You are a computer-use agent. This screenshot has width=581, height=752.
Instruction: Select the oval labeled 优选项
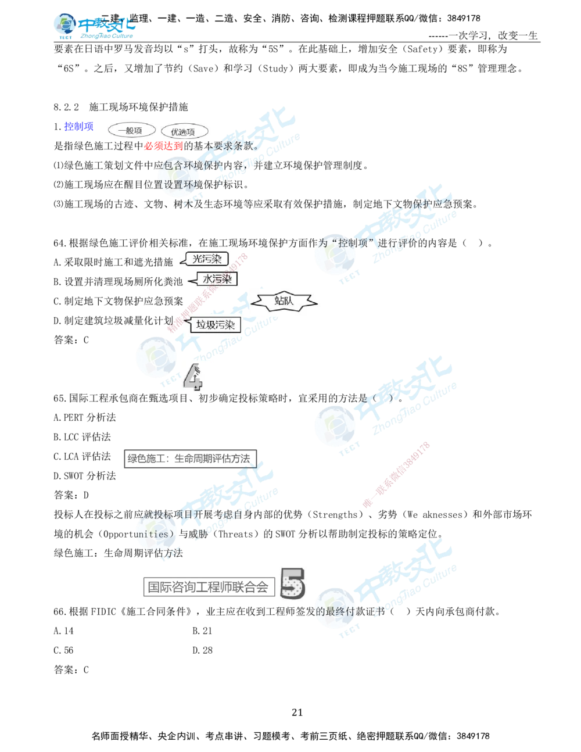[x=182, y=131]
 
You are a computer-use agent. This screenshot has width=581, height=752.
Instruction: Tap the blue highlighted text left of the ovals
[x=78, y=127]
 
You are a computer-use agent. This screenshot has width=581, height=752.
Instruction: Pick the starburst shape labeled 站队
[x=284, y=300]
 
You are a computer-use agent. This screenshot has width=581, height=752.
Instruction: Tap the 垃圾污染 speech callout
[x=215, y=325]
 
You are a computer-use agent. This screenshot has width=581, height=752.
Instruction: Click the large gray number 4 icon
[x=194, y=377]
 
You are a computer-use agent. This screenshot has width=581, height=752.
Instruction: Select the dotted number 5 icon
[x=291, y=583]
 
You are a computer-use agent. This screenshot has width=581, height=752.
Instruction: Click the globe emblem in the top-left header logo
[x=63, y=25]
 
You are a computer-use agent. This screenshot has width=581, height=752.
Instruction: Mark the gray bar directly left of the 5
[x=206, y=588]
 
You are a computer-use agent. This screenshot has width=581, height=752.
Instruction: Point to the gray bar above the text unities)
[x=190, y=458]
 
